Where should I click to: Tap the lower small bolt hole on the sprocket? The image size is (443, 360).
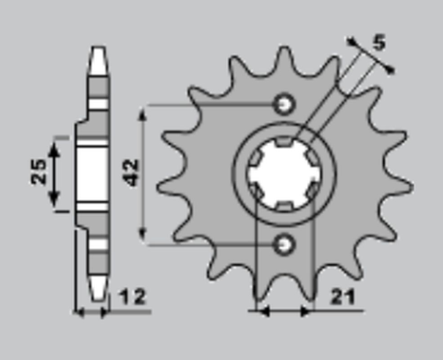pos(285,244)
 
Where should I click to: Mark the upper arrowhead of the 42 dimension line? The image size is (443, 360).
pos(145,109)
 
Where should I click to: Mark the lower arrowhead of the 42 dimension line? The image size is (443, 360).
pos(145,237)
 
